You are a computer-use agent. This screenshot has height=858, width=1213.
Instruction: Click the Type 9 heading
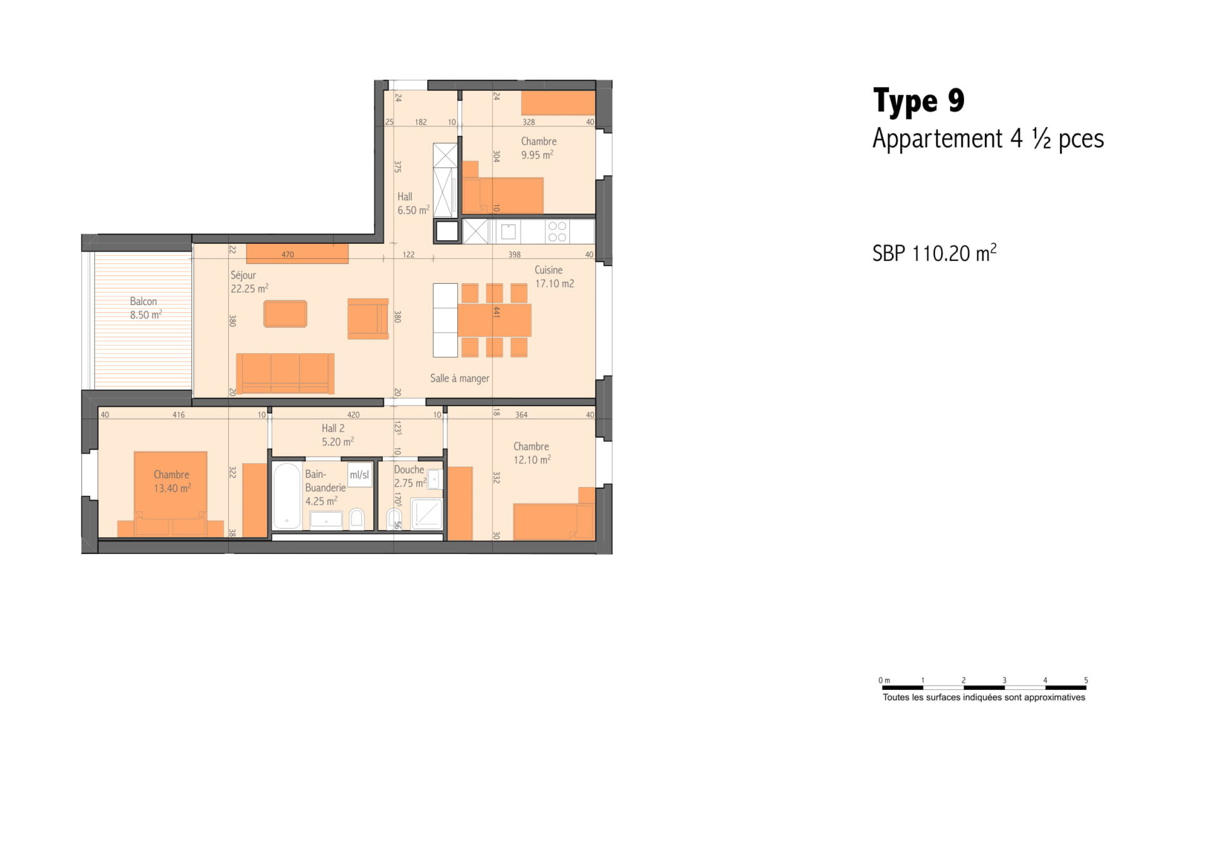pyautogui.click(x=919, y=101)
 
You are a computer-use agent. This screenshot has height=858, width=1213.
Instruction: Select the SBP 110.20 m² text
pyautogui.click(x=934, y=253)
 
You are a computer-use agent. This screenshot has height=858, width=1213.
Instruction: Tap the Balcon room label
pyautogui.click(x=143, y=301)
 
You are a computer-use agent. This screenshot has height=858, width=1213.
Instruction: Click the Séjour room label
pyautogui.click(x=243, y=275)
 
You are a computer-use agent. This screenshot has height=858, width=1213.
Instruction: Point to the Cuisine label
pyautogui.click(x=548, y=270)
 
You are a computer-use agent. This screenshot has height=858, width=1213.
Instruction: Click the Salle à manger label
pyautogui.click(x=460, y=378)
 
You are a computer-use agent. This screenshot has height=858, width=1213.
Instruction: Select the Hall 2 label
pyautogui.click(x=333, y=428)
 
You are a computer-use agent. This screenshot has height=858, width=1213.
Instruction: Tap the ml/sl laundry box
pyautogui.click(x=359, y=474)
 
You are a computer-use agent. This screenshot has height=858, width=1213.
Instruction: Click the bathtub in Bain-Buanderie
pyautogui.click(x=287, y=497)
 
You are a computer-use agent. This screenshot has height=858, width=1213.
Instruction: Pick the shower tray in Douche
pyautogui.click(x=426, y=514)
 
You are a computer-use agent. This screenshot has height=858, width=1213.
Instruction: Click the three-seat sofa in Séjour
pyautogui.click(x=285, y=373)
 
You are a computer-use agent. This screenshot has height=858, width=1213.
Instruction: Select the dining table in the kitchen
pyautogui.click(x=494, y=320)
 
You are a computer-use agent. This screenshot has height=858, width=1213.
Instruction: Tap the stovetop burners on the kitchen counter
pyautogui.click(x=557, y=232)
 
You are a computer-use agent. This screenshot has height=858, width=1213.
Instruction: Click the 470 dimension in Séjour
pyautogui.click(x=287, y=255)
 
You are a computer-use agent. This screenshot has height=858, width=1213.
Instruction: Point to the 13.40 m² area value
pyautogui.click(x=172, y=488)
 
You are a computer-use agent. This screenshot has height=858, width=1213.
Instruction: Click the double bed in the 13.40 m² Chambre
pyautogui.click(x=171, y=494)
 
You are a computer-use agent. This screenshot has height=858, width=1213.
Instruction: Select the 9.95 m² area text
pyautogui.click(x=537, y=155)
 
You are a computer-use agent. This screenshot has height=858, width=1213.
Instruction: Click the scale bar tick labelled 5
pyautogui.click(x=1086, y=680)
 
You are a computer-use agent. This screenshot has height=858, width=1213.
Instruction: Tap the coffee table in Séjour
pyautogui.click(x=286, y=314)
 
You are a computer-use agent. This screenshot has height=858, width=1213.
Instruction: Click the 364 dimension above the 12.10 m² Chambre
pyautogui.click(x=521, y=415)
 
